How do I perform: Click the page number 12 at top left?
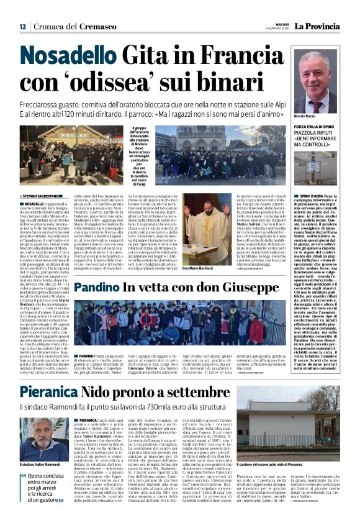coord(22,27)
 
